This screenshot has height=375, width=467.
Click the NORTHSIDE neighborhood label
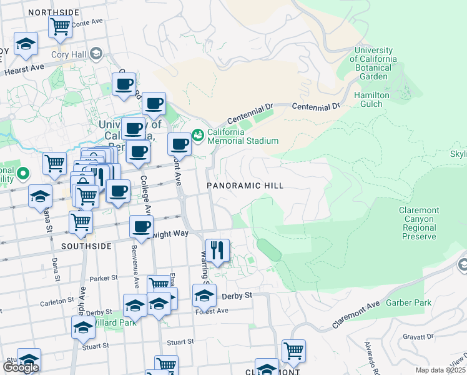click(x=54, y=12)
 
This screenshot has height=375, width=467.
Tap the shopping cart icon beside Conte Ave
click(x=59, y=27)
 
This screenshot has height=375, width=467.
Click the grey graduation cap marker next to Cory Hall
click(x=96, y=54)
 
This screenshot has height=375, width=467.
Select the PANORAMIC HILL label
click(x=245, y=186)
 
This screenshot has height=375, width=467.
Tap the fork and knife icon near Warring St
click(x=217, y=250)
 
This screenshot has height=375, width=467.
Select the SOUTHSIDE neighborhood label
click(x=87, y=246)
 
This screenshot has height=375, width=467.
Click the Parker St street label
click(x=104, y=277)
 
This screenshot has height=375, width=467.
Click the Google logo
click(x=21, y=367)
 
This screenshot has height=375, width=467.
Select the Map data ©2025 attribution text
click(x=440, y=370)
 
